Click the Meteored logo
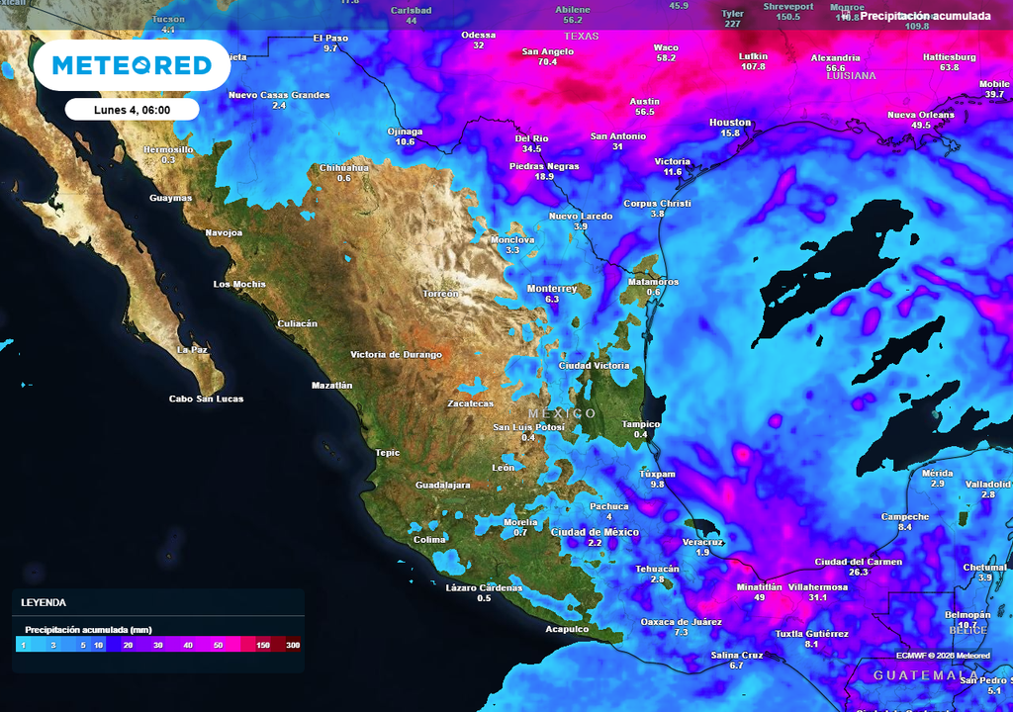132,65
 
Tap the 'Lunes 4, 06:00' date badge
133,110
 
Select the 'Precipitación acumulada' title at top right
925,16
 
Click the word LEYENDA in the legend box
44,602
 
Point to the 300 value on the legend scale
293,645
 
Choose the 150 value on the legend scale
263,645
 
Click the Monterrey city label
551,288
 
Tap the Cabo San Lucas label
206,399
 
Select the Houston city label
730,123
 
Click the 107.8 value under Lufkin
753,66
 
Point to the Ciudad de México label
595,532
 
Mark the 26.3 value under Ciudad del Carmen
858,572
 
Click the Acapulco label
567,629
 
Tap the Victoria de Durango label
396,354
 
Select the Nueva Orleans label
920,115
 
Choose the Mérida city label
937,473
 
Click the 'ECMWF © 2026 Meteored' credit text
943,655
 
